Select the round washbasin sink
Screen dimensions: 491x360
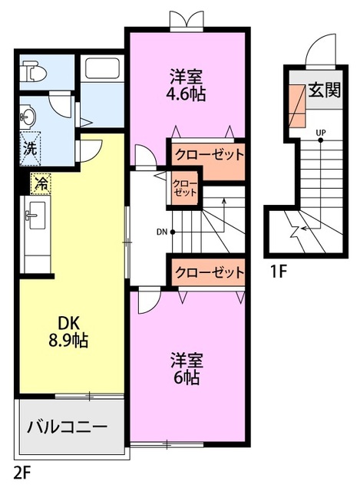click(x=28, y=117)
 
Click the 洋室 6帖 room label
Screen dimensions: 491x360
click(x=187, y=367)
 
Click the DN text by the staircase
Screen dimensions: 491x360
click(x=162, y=231)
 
